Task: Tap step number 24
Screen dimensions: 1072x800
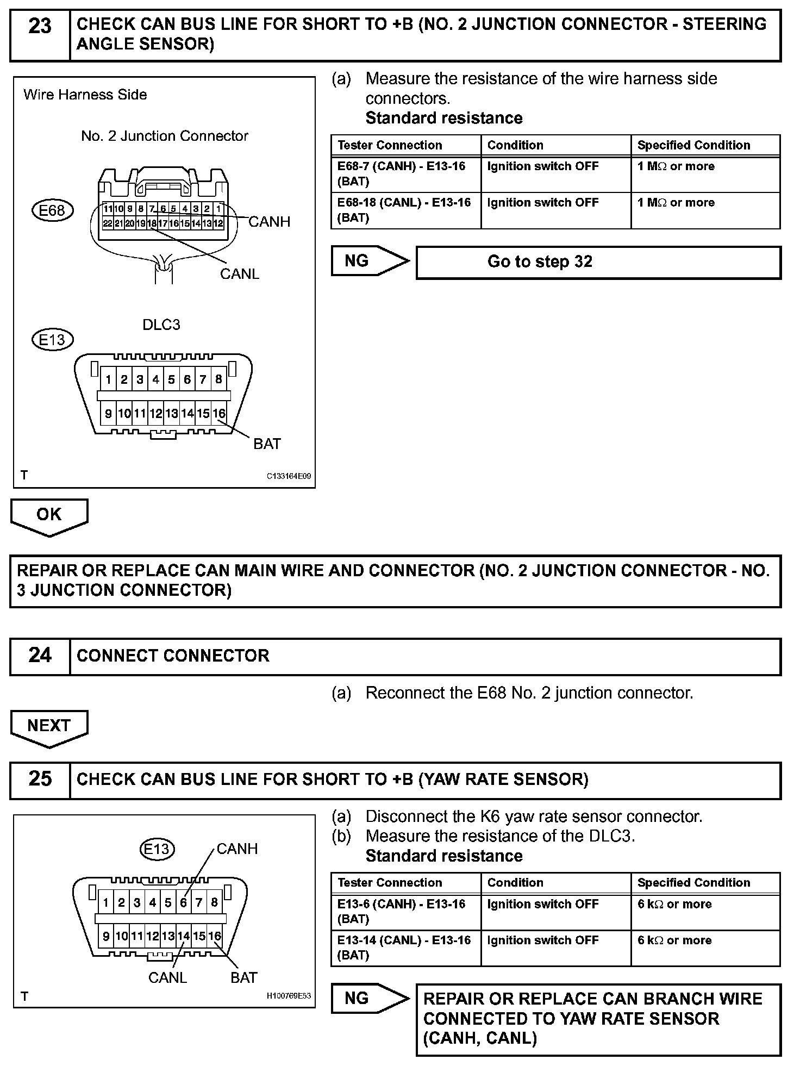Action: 40,655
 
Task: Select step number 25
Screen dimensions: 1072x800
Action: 40,778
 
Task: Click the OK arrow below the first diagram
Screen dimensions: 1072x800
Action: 49,515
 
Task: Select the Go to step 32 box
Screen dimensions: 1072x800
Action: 598,262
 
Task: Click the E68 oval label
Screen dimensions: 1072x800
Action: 52,210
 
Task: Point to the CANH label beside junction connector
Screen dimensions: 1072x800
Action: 269,222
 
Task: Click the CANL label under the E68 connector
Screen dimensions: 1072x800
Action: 240,274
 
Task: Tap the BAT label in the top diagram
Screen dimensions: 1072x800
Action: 267,444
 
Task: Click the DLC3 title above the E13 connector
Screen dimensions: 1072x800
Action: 161,325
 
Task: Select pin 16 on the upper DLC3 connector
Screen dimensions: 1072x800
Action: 218,414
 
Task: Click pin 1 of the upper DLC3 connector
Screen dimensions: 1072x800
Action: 108,379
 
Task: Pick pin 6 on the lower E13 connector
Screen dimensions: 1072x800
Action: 184,903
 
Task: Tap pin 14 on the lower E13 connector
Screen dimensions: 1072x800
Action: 184,936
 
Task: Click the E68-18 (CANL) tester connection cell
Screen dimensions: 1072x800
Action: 405,210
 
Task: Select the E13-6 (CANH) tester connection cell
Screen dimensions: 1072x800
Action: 405,911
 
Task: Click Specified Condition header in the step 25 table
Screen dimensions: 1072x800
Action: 693,882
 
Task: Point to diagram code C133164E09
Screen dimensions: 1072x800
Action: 289,476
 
